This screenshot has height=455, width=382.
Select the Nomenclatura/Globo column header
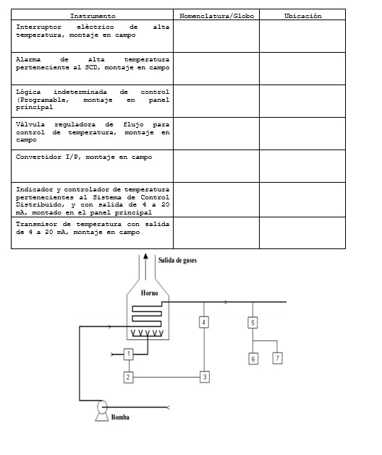point(216,16)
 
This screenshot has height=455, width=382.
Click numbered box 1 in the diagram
point(128,354)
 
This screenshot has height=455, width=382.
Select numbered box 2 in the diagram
point(128,377)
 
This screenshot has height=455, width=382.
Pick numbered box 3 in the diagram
point(205,377)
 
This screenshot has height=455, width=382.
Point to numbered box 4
point(205,321)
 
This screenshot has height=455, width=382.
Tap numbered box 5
point(252,322)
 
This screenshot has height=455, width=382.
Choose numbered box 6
point(252,358)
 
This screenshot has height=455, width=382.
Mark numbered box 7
point(277,357)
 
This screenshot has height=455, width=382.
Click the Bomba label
point(121,417)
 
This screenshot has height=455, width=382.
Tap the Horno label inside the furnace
point(149,293)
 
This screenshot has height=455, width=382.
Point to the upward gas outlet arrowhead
point(145,256)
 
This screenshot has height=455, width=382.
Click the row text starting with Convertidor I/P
point(84,157)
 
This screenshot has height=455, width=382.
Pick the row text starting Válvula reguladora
point(93,132)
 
